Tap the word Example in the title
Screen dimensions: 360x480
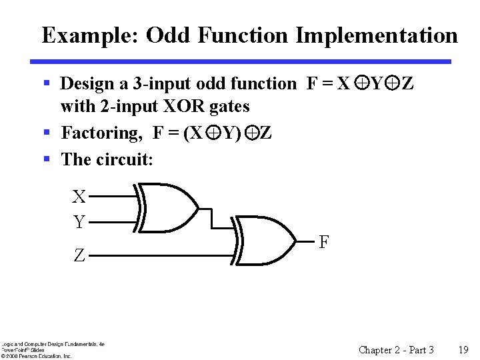click(89, 35)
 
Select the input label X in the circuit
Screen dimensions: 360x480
click(79, 197)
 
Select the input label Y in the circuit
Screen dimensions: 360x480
click(79, 222)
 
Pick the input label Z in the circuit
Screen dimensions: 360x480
click(79, 255)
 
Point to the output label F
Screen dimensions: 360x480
click(323, 241)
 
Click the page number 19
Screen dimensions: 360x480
click(463, 349)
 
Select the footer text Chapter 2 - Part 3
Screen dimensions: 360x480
click(396, 349)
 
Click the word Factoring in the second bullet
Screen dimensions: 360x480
click(101, 133)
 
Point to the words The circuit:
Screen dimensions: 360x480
click(107, 159)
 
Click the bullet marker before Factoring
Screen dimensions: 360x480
click(47, 132)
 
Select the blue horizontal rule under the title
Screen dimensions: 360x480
click(241, 62)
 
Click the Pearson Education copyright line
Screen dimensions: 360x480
click(36, 356)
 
